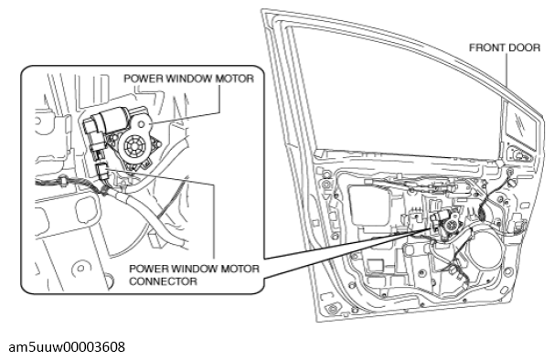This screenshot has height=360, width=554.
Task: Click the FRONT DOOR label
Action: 505,48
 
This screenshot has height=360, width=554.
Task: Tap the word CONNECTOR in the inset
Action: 163,281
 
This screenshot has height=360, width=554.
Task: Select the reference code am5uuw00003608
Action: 67,347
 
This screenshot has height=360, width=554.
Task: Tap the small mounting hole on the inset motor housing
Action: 141,124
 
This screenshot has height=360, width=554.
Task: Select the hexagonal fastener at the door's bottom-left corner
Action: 332,309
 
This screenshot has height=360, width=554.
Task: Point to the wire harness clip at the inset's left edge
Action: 64,181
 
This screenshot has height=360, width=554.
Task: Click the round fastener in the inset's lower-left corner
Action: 80,268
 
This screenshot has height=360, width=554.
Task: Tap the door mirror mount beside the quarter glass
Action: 518,154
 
